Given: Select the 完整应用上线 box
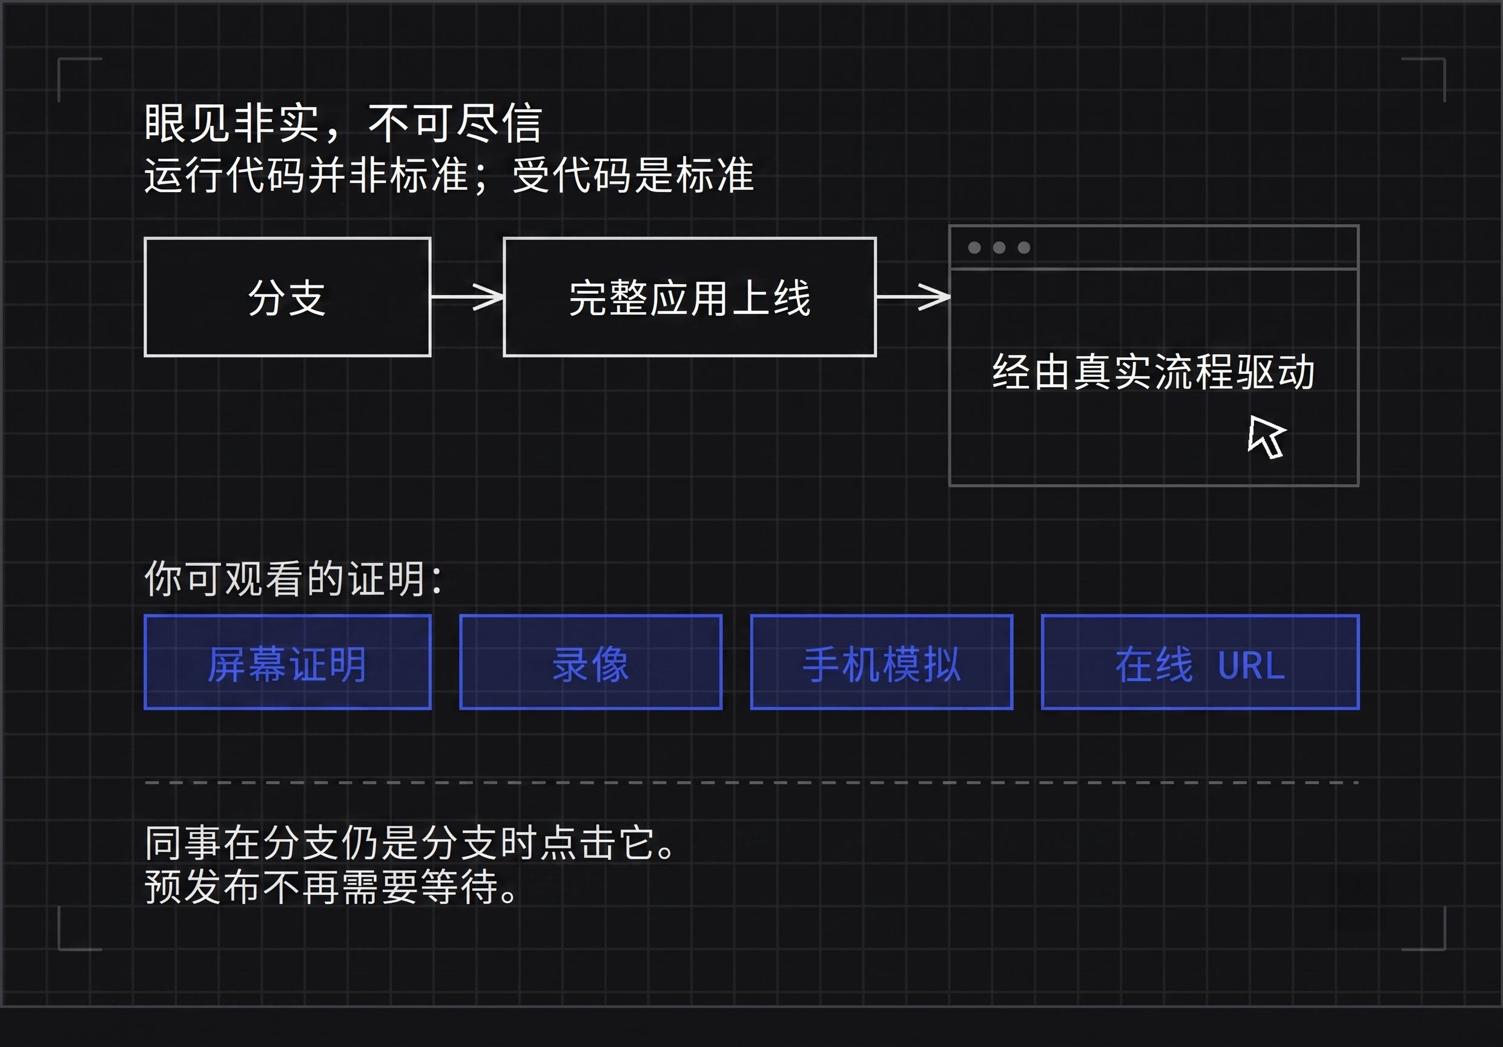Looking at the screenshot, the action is (x=689, y=297).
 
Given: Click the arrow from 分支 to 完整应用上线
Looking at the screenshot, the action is (x=467, y=297).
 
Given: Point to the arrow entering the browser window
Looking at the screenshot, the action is (x=913, y=297).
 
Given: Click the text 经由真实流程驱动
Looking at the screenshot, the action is (x=1154, y=372).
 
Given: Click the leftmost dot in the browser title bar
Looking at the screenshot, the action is (x=974, y=247).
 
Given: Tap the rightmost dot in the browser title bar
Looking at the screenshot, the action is (x=1024, y=247).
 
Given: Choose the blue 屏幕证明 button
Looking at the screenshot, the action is (x=288, y=662).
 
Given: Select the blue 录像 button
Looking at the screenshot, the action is (x=590, y=662).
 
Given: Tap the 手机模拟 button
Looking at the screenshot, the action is (x=882, y=662).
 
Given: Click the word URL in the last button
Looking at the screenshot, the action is (x=1251, y=666).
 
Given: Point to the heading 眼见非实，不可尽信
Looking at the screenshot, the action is (x=343, y=123).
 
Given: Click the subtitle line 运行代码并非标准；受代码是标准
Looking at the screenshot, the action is (x=449, y=176).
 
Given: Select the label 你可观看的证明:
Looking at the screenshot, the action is (x=293, y=579).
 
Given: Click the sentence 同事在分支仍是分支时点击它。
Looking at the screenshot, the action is (x=410, y=843).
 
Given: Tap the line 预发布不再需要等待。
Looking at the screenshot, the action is (x=331, y=887).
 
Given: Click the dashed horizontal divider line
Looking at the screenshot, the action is (x=751, y=782).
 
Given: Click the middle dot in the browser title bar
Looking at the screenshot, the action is (x=999, y=247).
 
